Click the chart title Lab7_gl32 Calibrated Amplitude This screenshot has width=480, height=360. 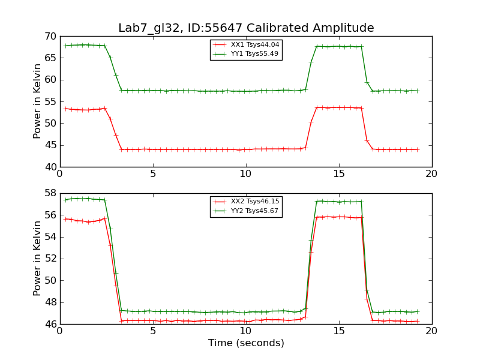(x=246, y=28)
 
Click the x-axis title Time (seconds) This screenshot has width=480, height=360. (x=246, y=343)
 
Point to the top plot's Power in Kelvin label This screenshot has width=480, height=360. (x=38, y=101)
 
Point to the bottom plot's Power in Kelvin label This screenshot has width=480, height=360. (x=38, y=259)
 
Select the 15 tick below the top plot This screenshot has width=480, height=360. (x=339, y=174)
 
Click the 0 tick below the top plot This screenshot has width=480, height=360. (x=60, y=174)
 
